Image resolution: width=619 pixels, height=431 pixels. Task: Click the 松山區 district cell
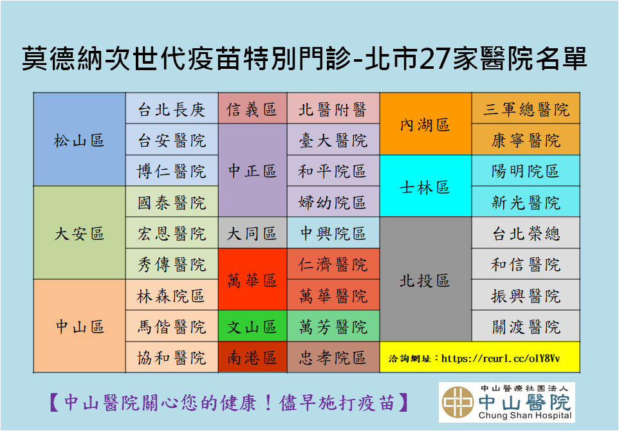tap(79, 140)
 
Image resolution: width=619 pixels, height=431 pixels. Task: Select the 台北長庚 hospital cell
tap(172, 109)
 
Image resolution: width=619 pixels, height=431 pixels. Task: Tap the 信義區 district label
tap(253, 109)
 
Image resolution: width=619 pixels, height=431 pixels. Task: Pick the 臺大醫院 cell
tap(333, 140)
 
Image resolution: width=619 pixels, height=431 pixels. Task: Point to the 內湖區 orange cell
tap(425, 124)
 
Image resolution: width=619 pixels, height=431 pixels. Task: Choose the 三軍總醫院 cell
tap(526, 109)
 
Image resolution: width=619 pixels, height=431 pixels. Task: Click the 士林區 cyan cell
tap(425, 186)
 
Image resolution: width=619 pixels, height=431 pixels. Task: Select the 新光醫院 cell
tap(526, 202)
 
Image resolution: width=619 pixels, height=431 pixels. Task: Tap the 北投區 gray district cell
tap(425, 279)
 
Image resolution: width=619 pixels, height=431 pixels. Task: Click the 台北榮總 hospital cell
tap(526, 233)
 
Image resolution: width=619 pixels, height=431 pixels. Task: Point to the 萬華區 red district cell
tap(253, 279)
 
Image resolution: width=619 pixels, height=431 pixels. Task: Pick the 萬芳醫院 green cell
tap(333, 326)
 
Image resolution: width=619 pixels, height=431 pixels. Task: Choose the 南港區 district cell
tap(253, 357)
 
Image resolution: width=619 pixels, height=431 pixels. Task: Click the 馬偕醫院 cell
tap(172, 326)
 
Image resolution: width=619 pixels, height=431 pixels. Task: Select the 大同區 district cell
tap(253, 233)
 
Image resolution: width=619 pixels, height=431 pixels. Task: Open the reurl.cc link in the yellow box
tap(500, 358)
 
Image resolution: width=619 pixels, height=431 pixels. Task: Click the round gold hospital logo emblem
tap(457, 402)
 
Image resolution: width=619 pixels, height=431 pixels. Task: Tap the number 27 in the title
tap(434, 59)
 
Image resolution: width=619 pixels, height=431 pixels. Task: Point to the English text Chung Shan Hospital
tap(525, 415)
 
